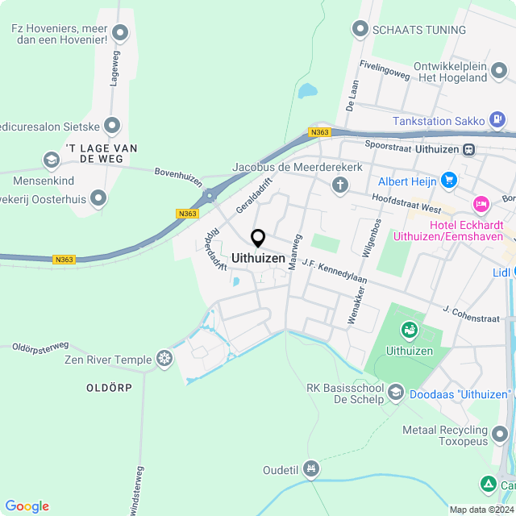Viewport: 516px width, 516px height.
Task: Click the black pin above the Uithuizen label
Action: pos(258,239)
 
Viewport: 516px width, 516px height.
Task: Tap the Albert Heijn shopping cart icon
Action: pos(449,180)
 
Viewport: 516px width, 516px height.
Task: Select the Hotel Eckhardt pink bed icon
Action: pos(481,203)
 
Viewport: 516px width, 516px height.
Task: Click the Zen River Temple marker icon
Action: pos(164,357)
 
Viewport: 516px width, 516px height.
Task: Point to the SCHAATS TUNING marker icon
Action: pos(360,30)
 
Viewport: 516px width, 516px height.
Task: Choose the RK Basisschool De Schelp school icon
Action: pos(395,393)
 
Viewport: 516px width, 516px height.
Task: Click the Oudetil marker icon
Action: pos(312,469)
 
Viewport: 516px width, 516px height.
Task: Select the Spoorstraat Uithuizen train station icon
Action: pos(468,149)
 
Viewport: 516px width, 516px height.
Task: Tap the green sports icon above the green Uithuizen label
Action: pos(409,330)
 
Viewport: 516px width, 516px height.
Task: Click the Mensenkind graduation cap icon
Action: pos(52,159)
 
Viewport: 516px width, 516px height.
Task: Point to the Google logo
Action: pos(27,506)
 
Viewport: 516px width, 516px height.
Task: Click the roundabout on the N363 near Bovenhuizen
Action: pos(210,194)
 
